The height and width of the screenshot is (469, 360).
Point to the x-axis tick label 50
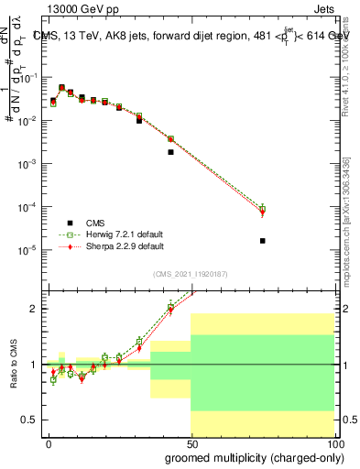pos(191,442)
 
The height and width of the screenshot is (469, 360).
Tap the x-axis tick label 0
pos(49,442)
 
